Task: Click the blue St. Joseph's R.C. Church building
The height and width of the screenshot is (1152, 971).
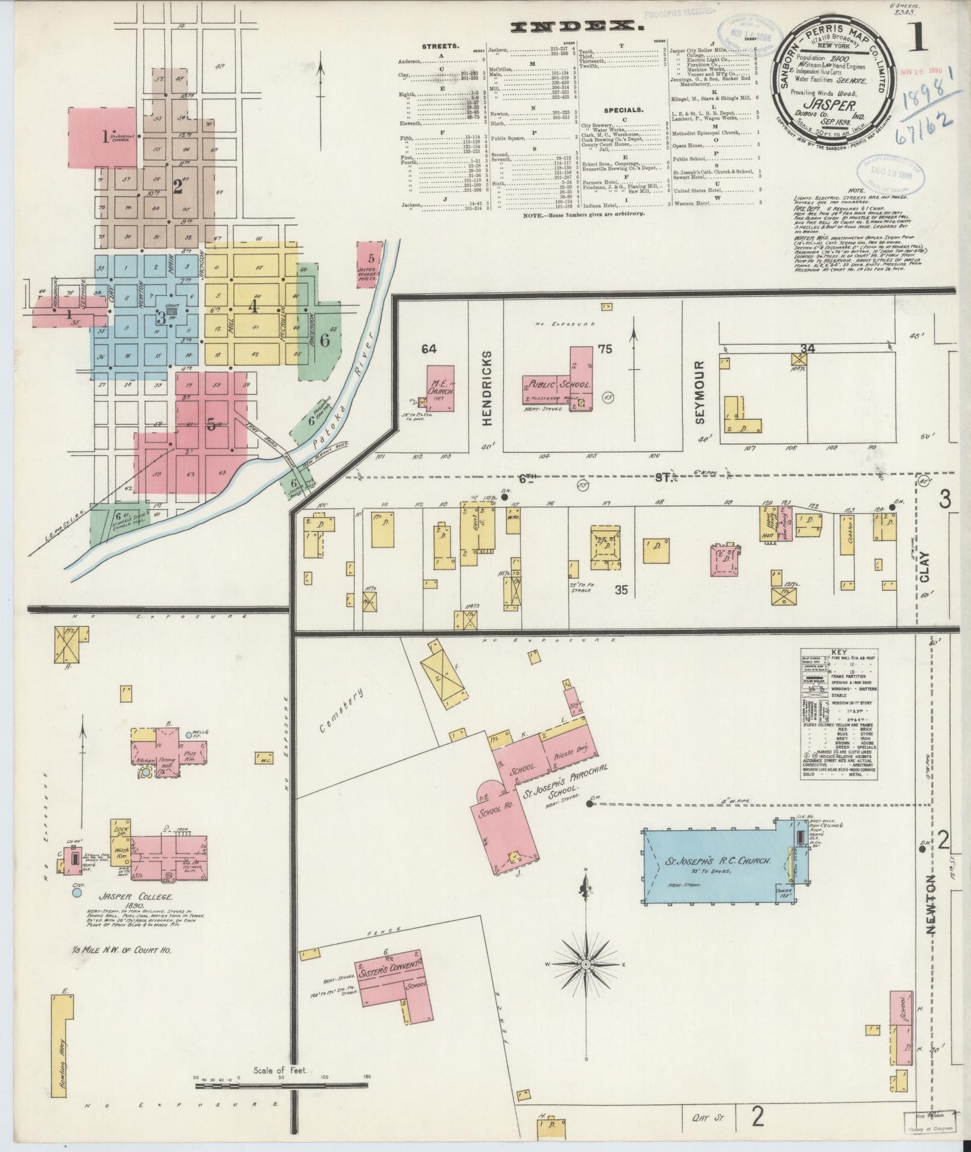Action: point(712,862)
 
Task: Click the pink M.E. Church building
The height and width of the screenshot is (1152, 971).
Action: point(440,388)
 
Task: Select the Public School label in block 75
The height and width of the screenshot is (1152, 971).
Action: point(558,385)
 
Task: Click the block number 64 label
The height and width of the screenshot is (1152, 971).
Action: point(429,348)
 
